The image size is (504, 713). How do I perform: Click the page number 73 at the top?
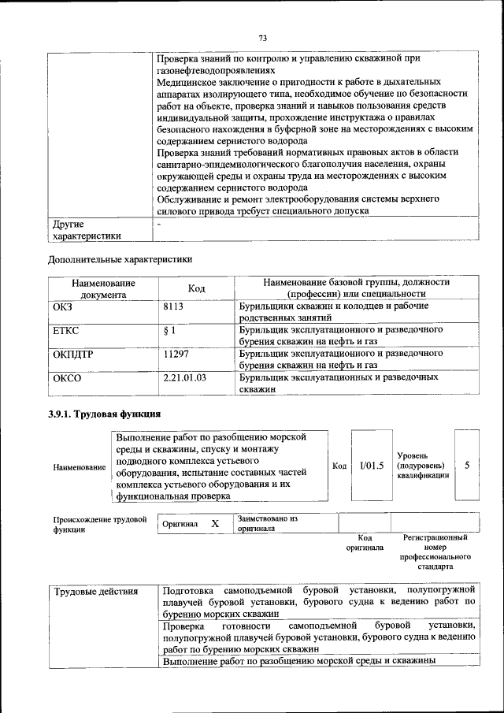263,37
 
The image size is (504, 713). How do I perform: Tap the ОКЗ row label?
63,306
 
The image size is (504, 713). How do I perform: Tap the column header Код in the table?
196,289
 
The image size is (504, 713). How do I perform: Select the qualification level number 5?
467,466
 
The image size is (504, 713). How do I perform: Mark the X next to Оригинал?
214,524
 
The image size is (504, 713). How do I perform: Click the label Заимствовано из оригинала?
267,524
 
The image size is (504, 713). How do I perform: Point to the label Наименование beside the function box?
79,467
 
